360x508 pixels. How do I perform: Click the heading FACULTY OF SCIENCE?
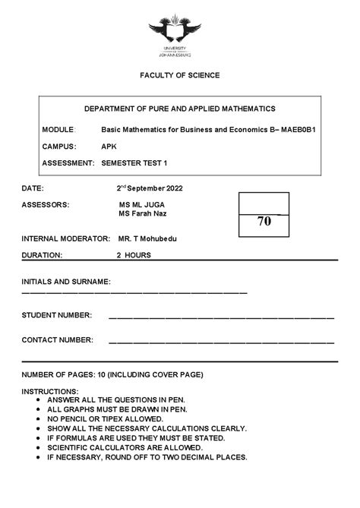coord(179,75)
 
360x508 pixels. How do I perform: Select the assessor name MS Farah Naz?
coord(142,213)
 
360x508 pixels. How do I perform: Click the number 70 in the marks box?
coord(264,222)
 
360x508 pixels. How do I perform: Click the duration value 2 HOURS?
coord(133,255)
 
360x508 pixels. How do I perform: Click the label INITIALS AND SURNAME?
coord(66,281)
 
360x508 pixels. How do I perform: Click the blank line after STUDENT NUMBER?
coord(221,316)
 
